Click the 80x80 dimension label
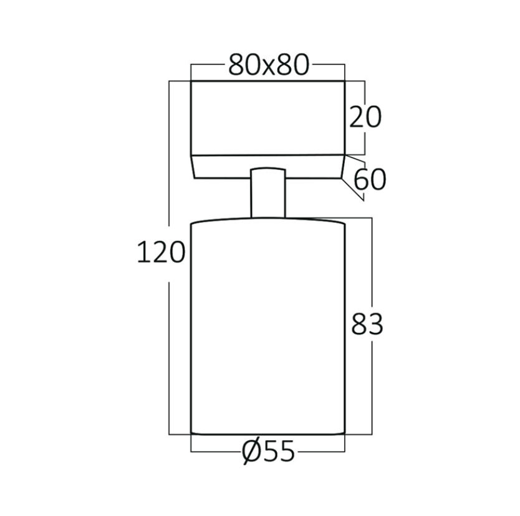tap(269, 65)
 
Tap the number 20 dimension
tap(365, 118)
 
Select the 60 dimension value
tap(370, 179)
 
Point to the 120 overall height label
tap(161, 252)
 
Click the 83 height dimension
tap(367, 324)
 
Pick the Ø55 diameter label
tap(268, 451)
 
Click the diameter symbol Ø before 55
tap(251, 452)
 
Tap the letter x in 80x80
tap(269, 68)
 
